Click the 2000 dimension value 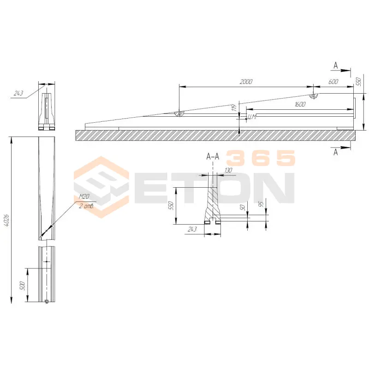point(246,82)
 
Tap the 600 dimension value point(333,82)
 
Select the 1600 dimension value point(300,104)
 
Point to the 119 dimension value point(234,108)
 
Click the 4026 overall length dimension point(6,220)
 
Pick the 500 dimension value point(22,286)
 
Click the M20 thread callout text point(84,196)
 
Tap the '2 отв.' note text point(86,206)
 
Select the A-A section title point(213,156)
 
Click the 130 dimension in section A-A point(228,170)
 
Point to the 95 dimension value point(261,204)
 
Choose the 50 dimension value point(242,207)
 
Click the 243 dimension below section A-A point(192,229)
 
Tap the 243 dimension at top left point(18,93)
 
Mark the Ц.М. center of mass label point(252,117)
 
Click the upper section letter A point(336,65)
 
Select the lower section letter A point(336,152)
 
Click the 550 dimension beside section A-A point(171,205)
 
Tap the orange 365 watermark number point(261,158)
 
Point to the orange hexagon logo point(101,187)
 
